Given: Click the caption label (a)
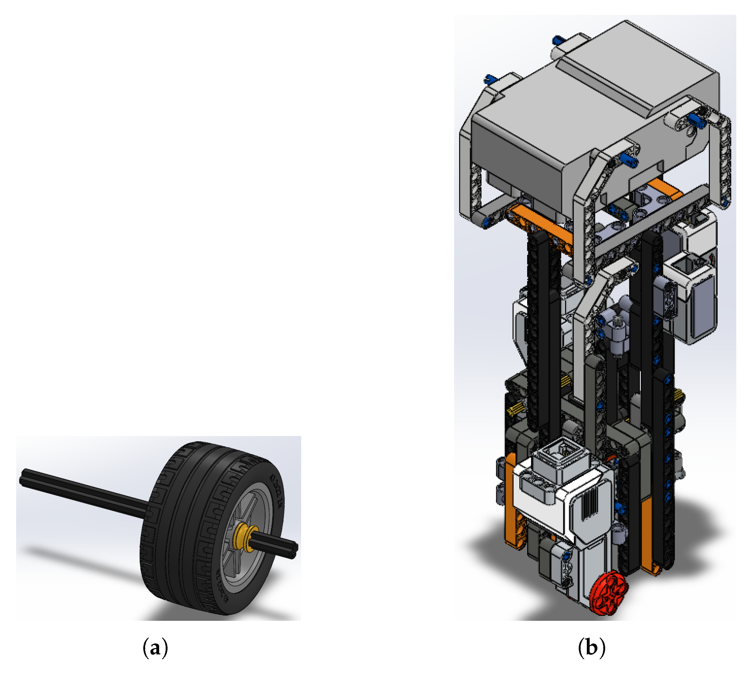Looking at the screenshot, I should pos(155,648).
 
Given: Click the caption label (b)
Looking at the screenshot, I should pos(591,648).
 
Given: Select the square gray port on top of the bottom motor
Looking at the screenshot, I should pos(561,453).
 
